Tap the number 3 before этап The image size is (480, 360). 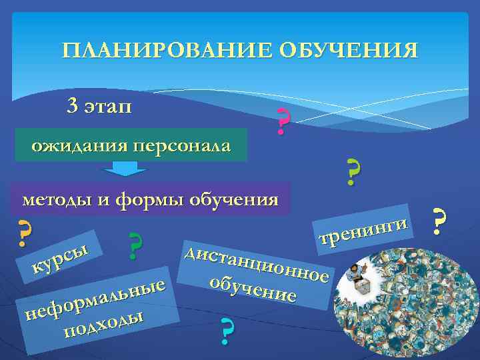pos(72,105)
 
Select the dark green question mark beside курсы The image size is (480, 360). pos(136,246)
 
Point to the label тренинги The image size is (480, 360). pos(363,229)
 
